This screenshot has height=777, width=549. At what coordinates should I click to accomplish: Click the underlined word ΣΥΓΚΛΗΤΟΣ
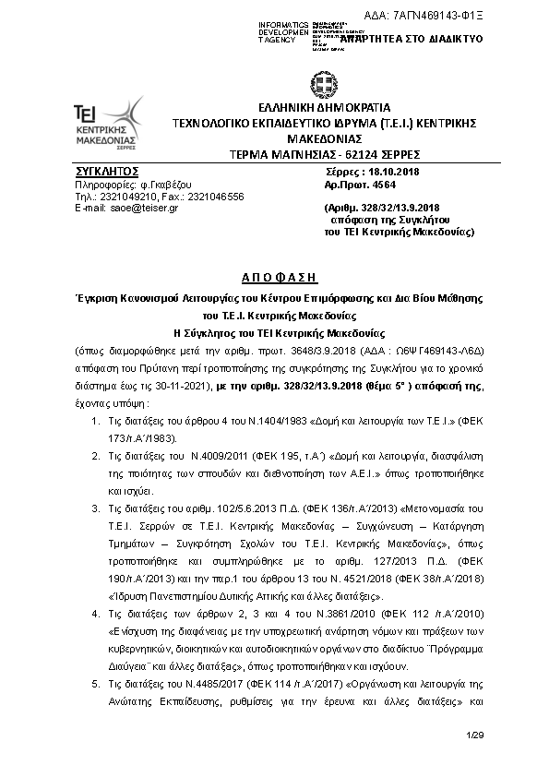click(x=106, y=172)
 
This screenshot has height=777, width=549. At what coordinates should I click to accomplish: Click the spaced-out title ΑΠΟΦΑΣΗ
click(x=274, y=276)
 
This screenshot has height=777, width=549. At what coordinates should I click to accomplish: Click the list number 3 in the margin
click(x=99, y=508)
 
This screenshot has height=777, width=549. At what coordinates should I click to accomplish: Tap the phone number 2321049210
click(x=127, y=197)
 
